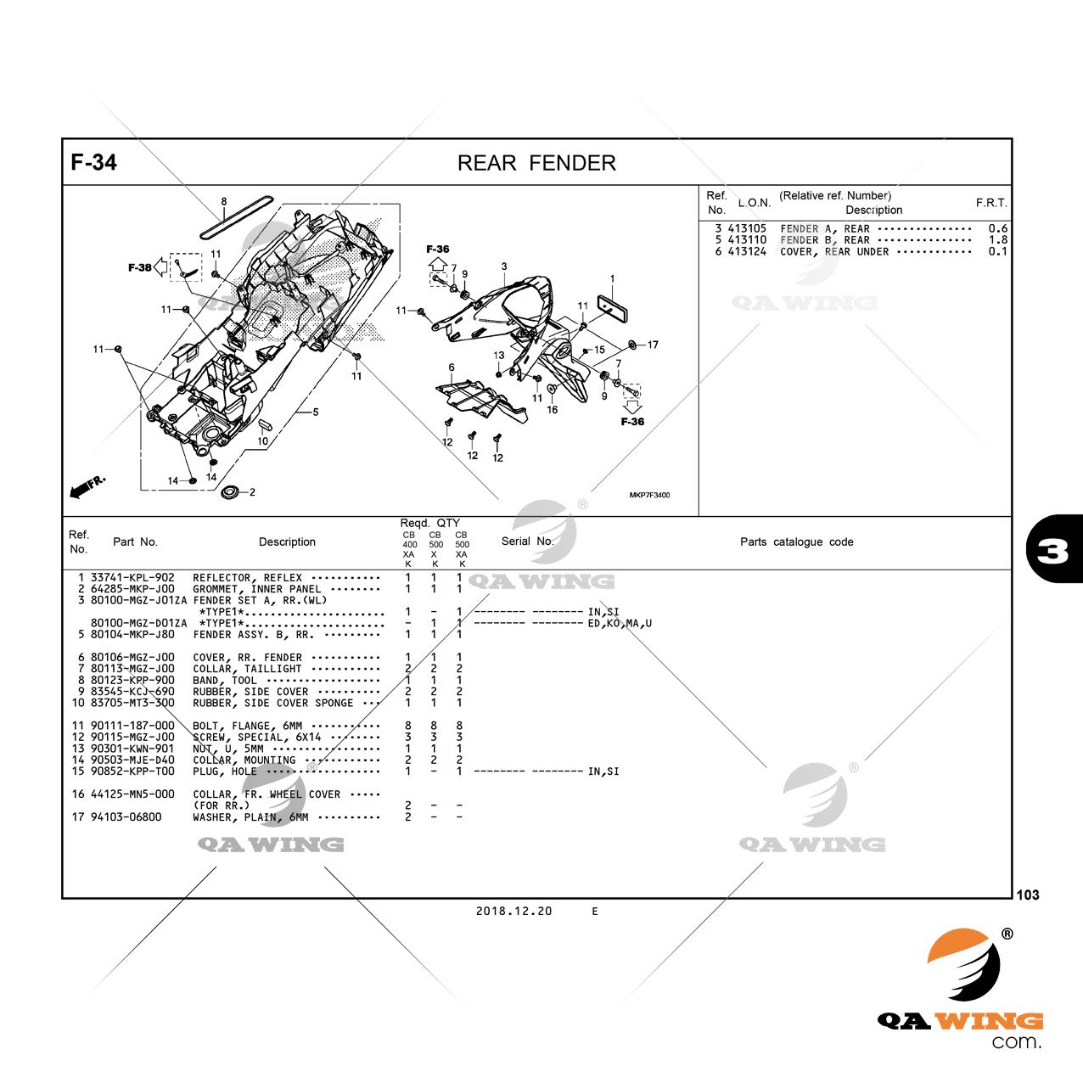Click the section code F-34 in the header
tap(93, 162)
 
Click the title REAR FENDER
tap(536, 163)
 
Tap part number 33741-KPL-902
tap(132, 577)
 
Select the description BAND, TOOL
tap(225, 680)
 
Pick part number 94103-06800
tap(126, 816)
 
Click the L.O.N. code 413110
tap(747, 240)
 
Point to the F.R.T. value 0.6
tap(998, 228)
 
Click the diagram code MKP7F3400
tap(649, 495)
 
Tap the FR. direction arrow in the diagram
tap(87, 486)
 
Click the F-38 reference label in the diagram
tap(139, 267)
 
